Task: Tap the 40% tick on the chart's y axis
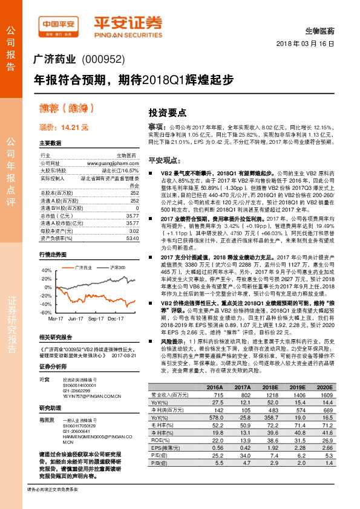click(46, 270)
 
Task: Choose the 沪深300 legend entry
click(117, 267)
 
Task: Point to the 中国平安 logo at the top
click(59, 25)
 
